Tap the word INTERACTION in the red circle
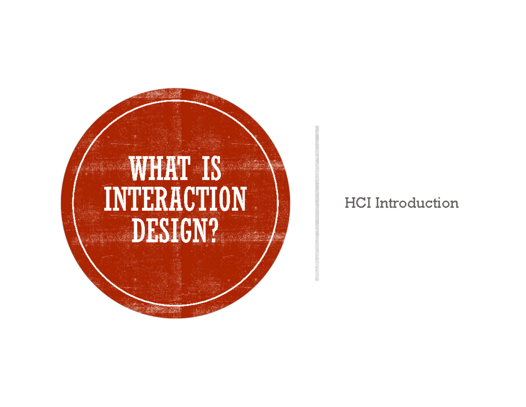(x=175, y=200)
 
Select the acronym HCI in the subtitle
(x=358, y=203)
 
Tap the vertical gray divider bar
(x=317, y=203)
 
